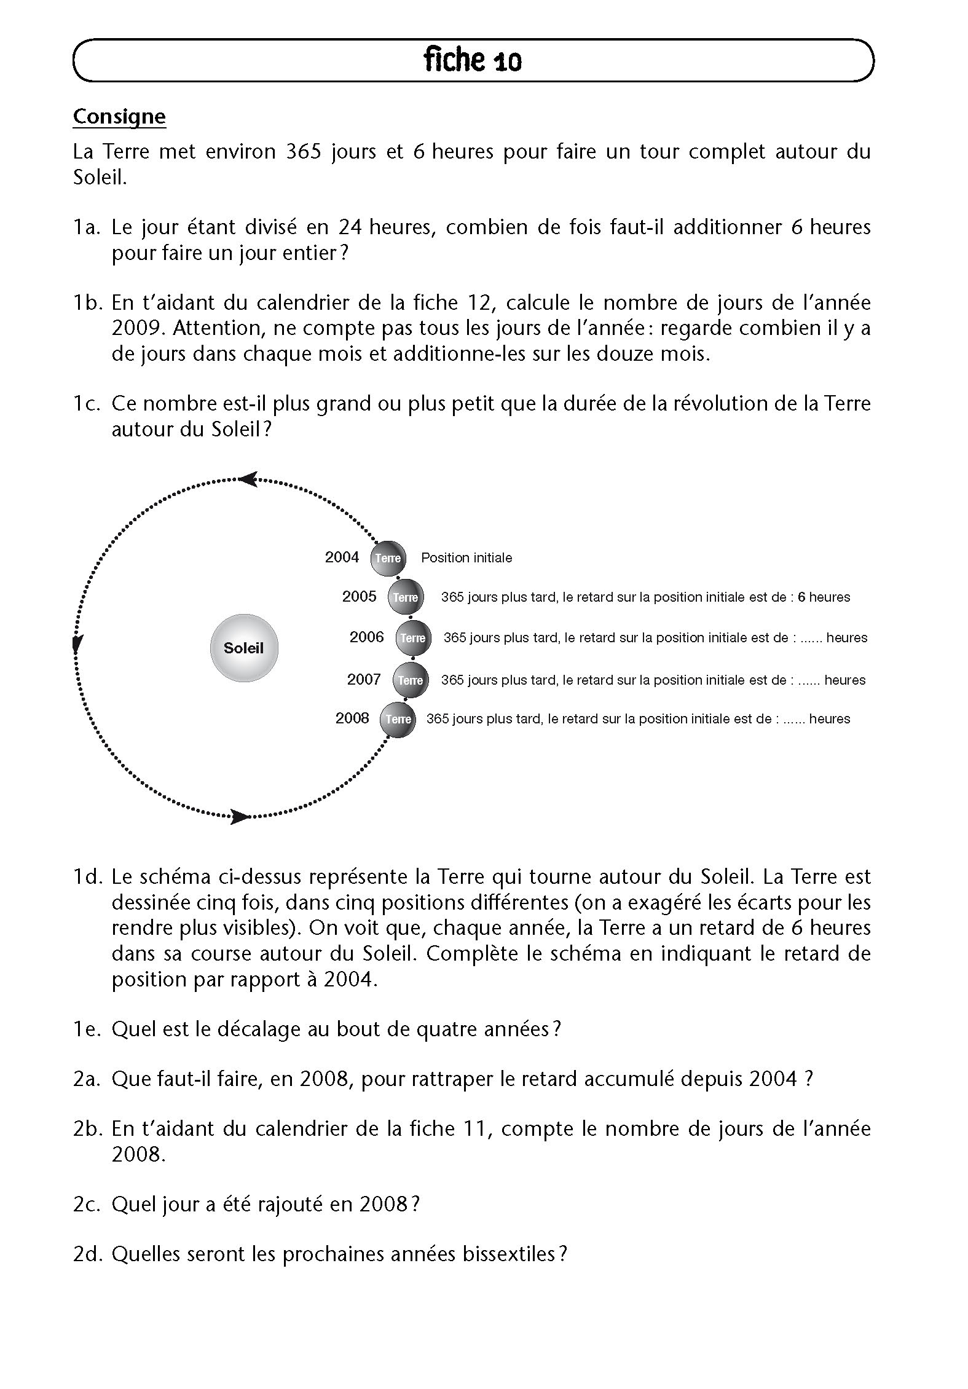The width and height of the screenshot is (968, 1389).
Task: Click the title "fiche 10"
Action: tap(472, 60)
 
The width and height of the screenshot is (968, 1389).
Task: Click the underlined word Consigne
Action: tap(119, 117)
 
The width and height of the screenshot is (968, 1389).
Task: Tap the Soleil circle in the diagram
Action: tap(244, 648)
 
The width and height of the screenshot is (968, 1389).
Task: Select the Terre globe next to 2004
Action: tap(388, 558)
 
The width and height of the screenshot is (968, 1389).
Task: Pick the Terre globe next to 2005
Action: tap(406, 597)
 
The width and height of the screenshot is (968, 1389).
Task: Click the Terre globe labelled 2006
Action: tap(413, 638)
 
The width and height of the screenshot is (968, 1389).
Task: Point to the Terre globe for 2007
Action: tap(411, 680)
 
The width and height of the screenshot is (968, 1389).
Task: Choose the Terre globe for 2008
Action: tap(398, 719)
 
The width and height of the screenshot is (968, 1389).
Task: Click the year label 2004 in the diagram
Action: tap(342, 557)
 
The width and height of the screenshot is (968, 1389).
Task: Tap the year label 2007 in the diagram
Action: tap(364, 679)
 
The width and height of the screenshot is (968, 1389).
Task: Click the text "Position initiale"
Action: tap(466, 558)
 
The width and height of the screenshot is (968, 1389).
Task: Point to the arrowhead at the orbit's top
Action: tap(248, 479)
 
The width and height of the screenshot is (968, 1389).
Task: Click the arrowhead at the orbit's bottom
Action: tap(240, 817)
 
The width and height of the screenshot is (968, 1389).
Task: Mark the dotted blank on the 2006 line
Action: tap(808, 639)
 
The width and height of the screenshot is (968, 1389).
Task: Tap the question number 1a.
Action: tap(86, 227)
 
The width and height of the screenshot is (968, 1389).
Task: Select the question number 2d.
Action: tap(86, 1253)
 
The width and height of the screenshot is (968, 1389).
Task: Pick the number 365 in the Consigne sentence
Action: tap(304, 152)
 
